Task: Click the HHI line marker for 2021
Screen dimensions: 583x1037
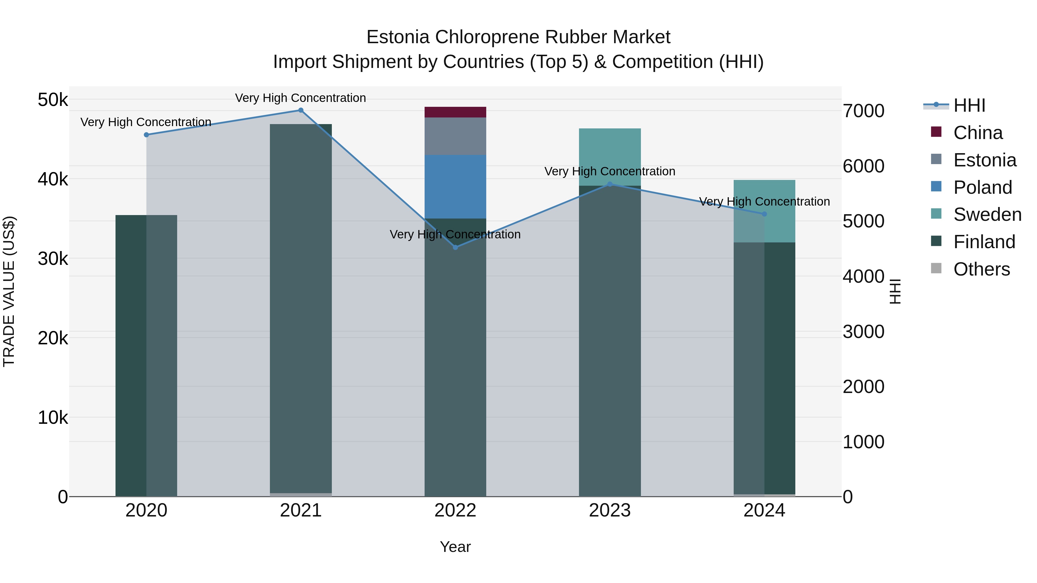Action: [301, 110]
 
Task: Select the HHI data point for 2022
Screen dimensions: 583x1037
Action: [455, 247]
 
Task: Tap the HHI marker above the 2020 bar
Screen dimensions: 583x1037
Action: [147, 135]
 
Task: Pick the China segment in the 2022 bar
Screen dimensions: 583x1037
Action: [455, 112]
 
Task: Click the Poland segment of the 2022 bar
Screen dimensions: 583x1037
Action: [455, 187]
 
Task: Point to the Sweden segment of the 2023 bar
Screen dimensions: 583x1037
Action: [610, 157]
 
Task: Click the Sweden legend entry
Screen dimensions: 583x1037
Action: [987, 214]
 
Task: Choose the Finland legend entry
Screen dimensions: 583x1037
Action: [984, 242]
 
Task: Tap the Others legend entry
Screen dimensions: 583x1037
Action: [981, 269]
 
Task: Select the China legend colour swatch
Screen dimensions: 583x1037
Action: [936, 132]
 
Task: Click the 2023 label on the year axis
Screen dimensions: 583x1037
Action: [610, 510]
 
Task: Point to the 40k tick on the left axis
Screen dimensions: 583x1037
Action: [53, 179]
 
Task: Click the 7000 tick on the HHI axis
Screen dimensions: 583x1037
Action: [864, 111]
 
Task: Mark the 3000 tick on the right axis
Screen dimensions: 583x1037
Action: [864, 332]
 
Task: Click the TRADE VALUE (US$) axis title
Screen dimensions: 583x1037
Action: [9, 291]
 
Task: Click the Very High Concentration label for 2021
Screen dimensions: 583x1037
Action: [301, 98]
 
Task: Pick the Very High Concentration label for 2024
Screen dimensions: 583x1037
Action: [764, 202]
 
